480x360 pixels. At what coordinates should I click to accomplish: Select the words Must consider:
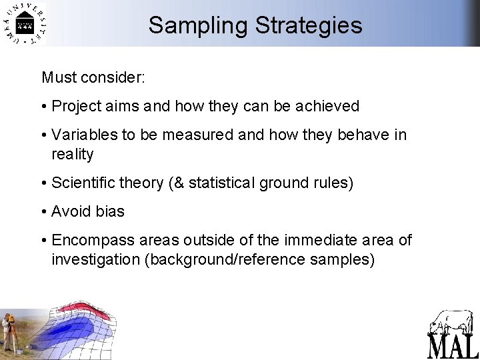[x=93, y=77]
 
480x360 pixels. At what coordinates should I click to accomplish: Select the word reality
[x=73, y=154]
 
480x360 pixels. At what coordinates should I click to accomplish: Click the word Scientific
[x=87, y=183]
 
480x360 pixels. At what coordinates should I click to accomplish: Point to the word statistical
[x=221, y=183]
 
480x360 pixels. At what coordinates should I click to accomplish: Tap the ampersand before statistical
[x=180, y=183]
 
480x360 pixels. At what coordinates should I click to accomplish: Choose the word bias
[x=109, y=211]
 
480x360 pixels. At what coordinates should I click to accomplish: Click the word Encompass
[x=89, y=240]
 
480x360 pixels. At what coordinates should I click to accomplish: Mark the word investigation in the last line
[x=95, y=259]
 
